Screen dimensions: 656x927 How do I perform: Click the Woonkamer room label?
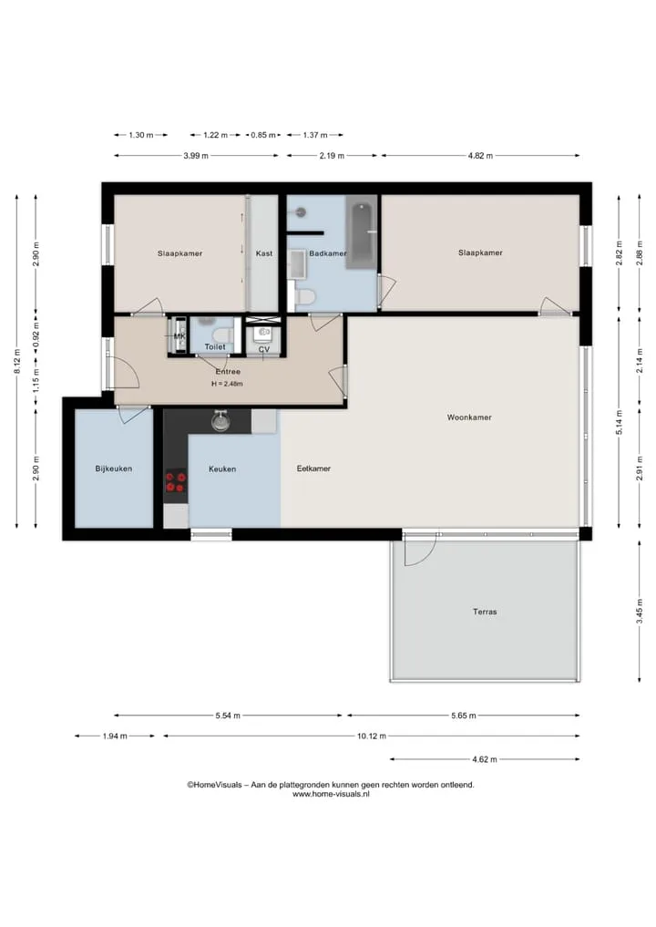click(469, 417)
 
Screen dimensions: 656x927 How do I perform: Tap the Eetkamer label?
click(313, 469)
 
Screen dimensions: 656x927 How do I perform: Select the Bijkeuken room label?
click(114, 469)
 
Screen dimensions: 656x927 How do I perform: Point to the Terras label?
click(485, 612)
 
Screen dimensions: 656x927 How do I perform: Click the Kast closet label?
click(264, 253)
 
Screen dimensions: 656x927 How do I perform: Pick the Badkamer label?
click(327, 253)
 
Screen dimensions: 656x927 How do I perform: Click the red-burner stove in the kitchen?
click(176, 481)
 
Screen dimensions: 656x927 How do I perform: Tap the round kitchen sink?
click(220, 421)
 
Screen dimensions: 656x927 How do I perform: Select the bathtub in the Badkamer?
click(361, 235)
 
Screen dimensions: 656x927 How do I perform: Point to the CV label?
click(264, 349)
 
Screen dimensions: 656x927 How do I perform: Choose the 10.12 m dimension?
click(372, 736)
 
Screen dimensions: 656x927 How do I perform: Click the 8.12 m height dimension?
click(17, 361)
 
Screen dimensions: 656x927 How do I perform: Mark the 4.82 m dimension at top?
click(480, 156)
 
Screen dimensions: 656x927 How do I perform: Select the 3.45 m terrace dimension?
click(640, 612)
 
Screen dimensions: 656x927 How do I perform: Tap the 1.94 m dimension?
click(115, 736)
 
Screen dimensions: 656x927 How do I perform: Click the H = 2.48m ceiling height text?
click(227, 384)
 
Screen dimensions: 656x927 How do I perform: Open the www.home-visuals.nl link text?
click(331, 795)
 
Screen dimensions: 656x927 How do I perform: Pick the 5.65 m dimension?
click(464, 716)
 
